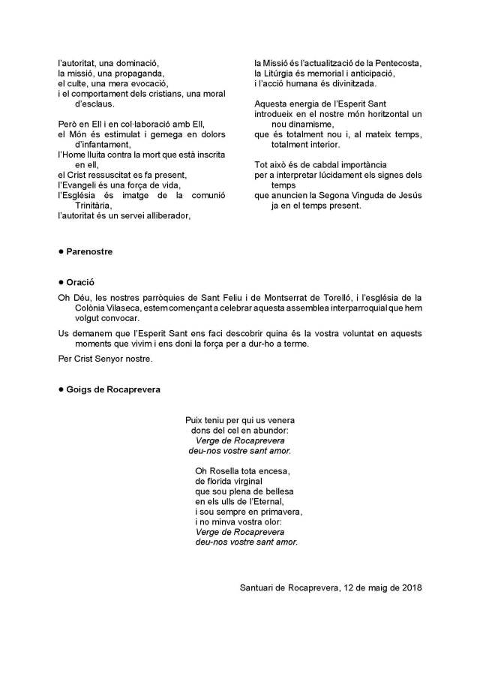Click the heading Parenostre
pos(89,251)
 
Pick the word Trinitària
pos(93,205)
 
